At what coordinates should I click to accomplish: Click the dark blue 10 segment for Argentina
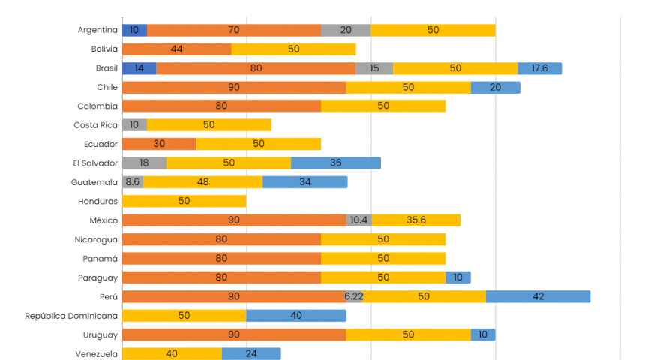(134, 30)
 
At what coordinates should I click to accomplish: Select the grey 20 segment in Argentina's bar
(346, 30)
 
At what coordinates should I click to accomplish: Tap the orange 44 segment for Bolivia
(176, 49)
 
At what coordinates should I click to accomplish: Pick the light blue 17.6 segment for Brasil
(539, 68)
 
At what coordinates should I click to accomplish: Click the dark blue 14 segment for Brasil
(139, 68)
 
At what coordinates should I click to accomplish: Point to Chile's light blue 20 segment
(495, 87)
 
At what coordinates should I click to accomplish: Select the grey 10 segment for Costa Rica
(134, 124)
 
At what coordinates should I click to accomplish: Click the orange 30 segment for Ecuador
(159, 144)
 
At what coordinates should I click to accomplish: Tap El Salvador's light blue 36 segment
(336, 163)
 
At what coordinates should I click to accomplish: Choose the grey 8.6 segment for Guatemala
(133, 182)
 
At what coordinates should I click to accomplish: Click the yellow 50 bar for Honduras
(184, 201)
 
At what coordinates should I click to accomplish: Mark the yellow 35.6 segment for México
(416, 220)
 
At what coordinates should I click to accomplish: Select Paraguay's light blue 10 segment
(458, 277)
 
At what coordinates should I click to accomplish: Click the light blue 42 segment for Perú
(538, 296)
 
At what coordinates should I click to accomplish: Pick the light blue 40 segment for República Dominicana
(296, 315)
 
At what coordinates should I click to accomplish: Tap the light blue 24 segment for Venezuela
(251, 353)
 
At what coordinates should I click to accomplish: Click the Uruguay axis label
(100, 334)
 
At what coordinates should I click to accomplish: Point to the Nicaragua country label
(96, 239)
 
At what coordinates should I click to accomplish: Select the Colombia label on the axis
(97, 106)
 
